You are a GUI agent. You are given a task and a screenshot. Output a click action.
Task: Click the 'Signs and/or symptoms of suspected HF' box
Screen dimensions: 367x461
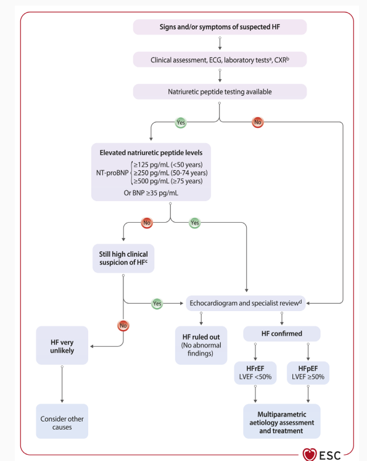tap(220, 27)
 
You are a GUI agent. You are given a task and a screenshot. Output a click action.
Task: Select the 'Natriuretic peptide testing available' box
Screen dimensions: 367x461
tap(220, 92)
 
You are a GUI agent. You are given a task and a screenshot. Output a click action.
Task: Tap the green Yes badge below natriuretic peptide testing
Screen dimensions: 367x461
tap(181, 122)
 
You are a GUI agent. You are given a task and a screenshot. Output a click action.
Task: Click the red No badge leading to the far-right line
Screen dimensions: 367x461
tap(258, 122)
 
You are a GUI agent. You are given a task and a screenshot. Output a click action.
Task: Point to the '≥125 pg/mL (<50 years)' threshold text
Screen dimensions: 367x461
tap(168, 165)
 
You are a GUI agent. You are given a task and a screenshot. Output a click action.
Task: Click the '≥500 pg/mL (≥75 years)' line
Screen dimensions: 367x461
tap(168, 181)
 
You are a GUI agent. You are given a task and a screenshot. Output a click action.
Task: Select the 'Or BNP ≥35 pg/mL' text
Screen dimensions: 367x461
tap(151, 193)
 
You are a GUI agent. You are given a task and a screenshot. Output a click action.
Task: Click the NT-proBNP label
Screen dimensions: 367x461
tap(112, 173)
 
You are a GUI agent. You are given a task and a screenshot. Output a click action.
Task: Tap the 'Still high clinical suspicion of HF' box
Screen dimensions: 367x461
tap(123, 259)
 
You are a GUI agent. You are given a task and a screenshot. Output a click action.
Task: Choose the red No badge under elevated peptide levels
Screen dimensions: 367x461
tap(147, 223)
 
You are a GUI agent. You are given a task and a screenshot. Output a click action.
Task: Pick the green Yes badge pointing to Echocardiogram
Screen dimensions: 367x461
tap(157, 304)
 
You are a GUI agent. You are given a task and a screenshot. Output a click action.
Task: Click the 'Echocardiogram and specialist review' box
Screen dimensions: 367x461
tap(246, 303)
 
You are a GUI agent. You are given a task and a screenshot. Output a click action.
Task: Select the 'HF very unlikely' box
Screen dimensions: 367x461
tap(62, 346)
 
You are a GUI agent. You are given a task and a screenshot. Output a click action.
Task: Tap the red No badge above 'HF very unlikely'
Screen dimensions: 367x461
tap(123, 325)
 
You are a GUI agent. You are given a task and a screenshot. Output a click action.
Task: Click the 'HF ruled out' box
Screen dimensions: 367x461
tap(201, 346)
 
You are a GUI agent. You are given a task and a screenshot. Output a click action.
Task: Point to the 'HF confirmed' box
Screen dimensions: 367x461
tap(282, 334)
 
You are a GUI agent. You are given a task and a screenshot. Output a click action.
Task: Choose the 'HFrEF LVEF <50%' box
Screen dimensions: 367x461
tap(255, 373)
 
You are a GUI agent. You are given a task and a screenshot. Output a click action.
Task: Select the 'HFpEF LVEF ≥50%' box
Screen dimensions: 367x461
tap(308, 373)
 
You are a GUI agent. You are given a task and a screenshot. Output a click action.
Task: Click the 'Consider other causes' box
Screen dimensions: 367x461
tap(62, 422)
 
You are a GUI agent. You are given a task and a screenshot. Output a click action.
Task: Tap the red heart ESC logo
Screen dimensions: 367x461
tap(310, 455)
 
